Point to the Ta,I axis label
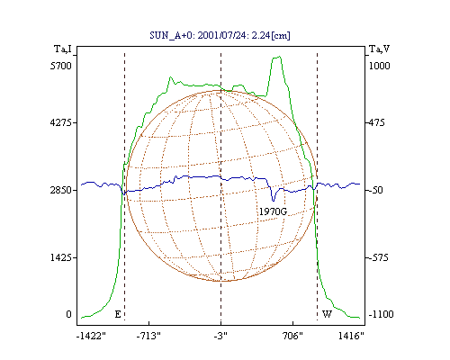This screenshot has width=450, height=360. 63,49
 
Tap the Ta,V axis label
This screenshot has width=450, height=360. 379,49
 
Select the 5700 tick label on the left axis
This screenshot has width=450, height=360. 61,66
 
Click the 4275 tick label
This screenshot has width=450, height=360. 61,122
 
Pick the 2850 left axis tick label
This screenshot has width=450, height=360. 61,190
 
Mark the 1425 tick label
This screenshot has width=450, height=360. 61,257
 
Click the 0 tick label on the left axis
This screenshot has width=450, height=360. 68,314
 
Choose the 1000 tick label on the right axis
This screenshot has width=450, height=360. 379,66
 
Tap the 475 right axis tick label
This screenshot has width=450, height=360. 377,122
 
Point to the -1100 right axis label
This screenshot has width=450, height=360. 381,314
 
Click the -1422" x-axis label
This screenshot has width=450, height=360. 91,336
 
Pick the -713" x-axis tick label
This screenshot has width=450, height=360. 148,336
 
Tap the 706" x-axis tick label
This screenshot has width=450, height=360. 292,336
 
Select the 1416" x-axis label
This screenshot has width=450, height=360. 351,336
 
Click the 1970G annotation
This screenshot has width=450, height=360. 273,211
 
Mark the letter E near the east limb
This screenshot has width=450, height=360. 118,314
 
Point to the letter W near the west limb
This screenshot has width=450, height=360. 327,314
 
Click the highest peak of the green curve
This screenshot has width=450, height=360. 280,56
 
